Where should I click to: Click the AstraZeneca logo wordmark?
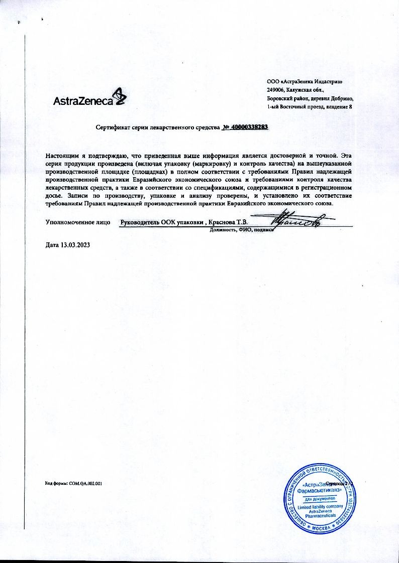coord(83,100)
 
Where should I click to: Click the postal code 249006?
coord(275,90)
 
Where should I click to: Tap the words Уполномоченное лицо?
coord(78,222)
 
